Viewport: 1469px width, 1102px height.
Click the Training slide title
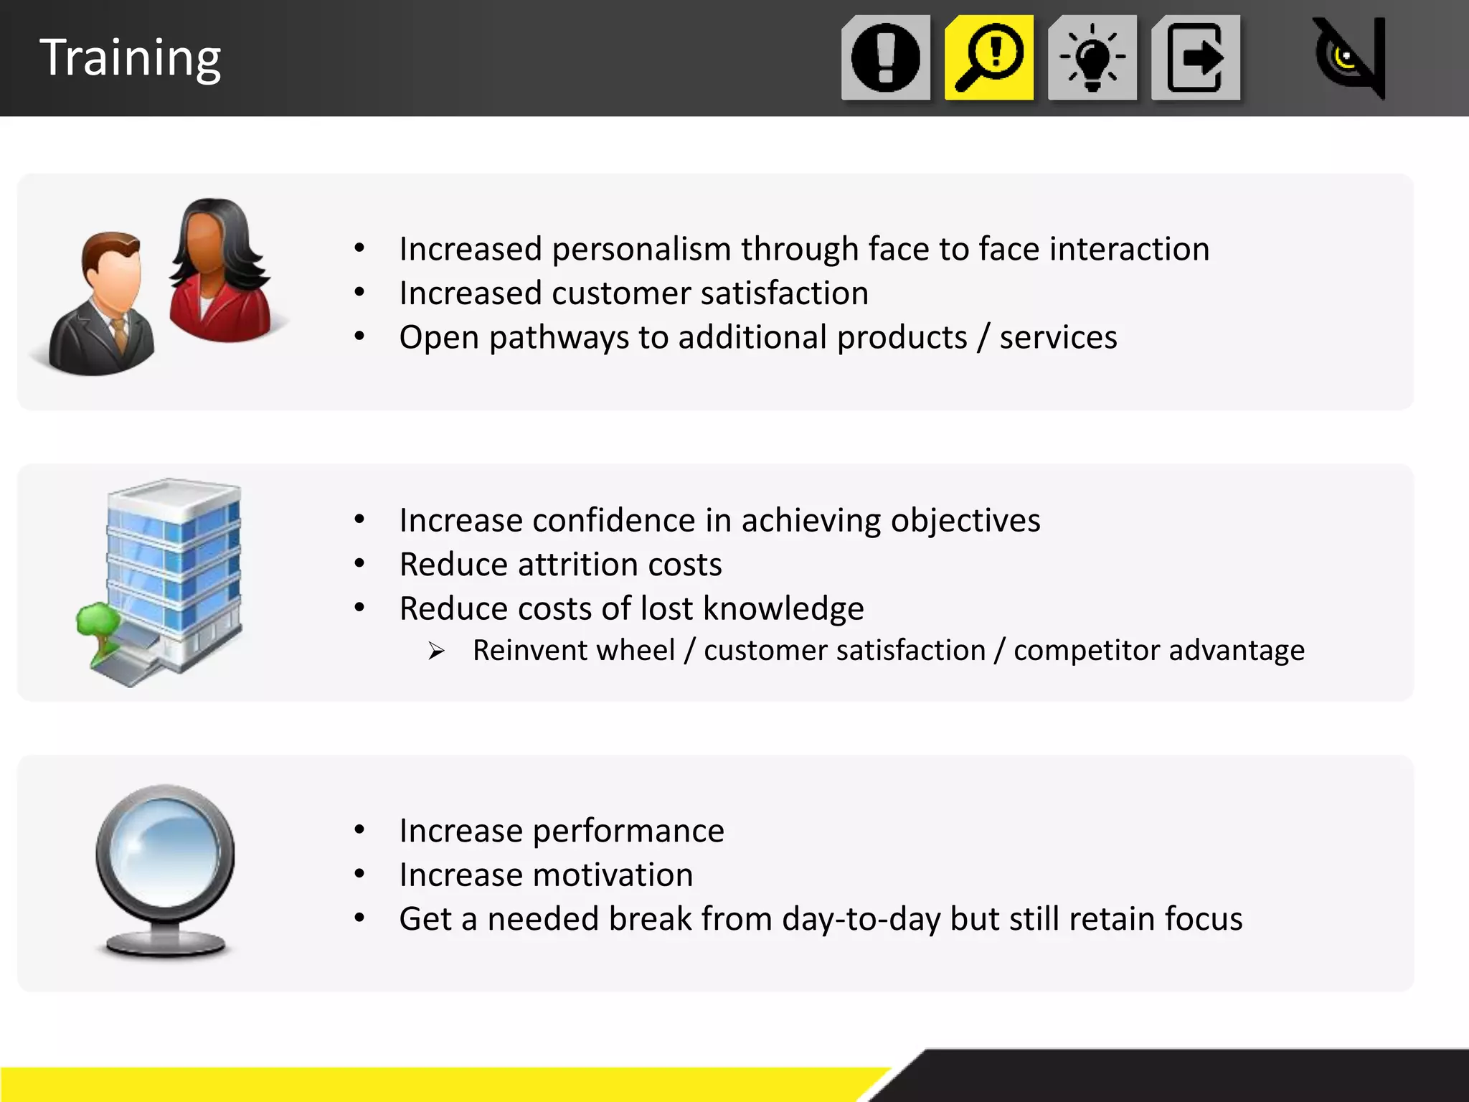[130, 57]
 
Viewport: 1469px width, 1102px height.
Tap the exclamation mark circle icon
[886, 57]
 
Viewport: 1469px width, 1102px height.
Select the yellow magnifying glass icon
[989, 57]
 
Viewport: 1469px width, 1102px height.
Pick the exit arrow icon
[1196, 57]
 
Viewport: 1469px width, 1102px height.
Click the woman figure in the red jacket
[219, 273]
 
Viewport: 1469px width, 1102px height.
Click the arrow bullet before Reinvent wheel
[436, 651]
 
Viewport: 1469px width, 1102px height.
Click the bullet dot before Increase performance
[359, 831]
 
